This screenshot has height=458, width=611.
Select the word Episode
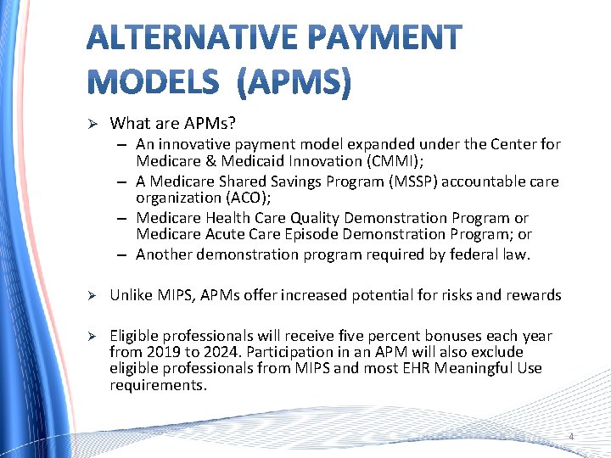[x=314, y=233]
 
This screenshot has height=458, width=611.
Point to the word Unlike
[x=132, y=295]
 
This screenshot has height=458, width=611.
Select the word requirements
[x=158, y=384]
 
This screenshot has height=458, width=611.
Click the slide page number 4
[x=571, y=437]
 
